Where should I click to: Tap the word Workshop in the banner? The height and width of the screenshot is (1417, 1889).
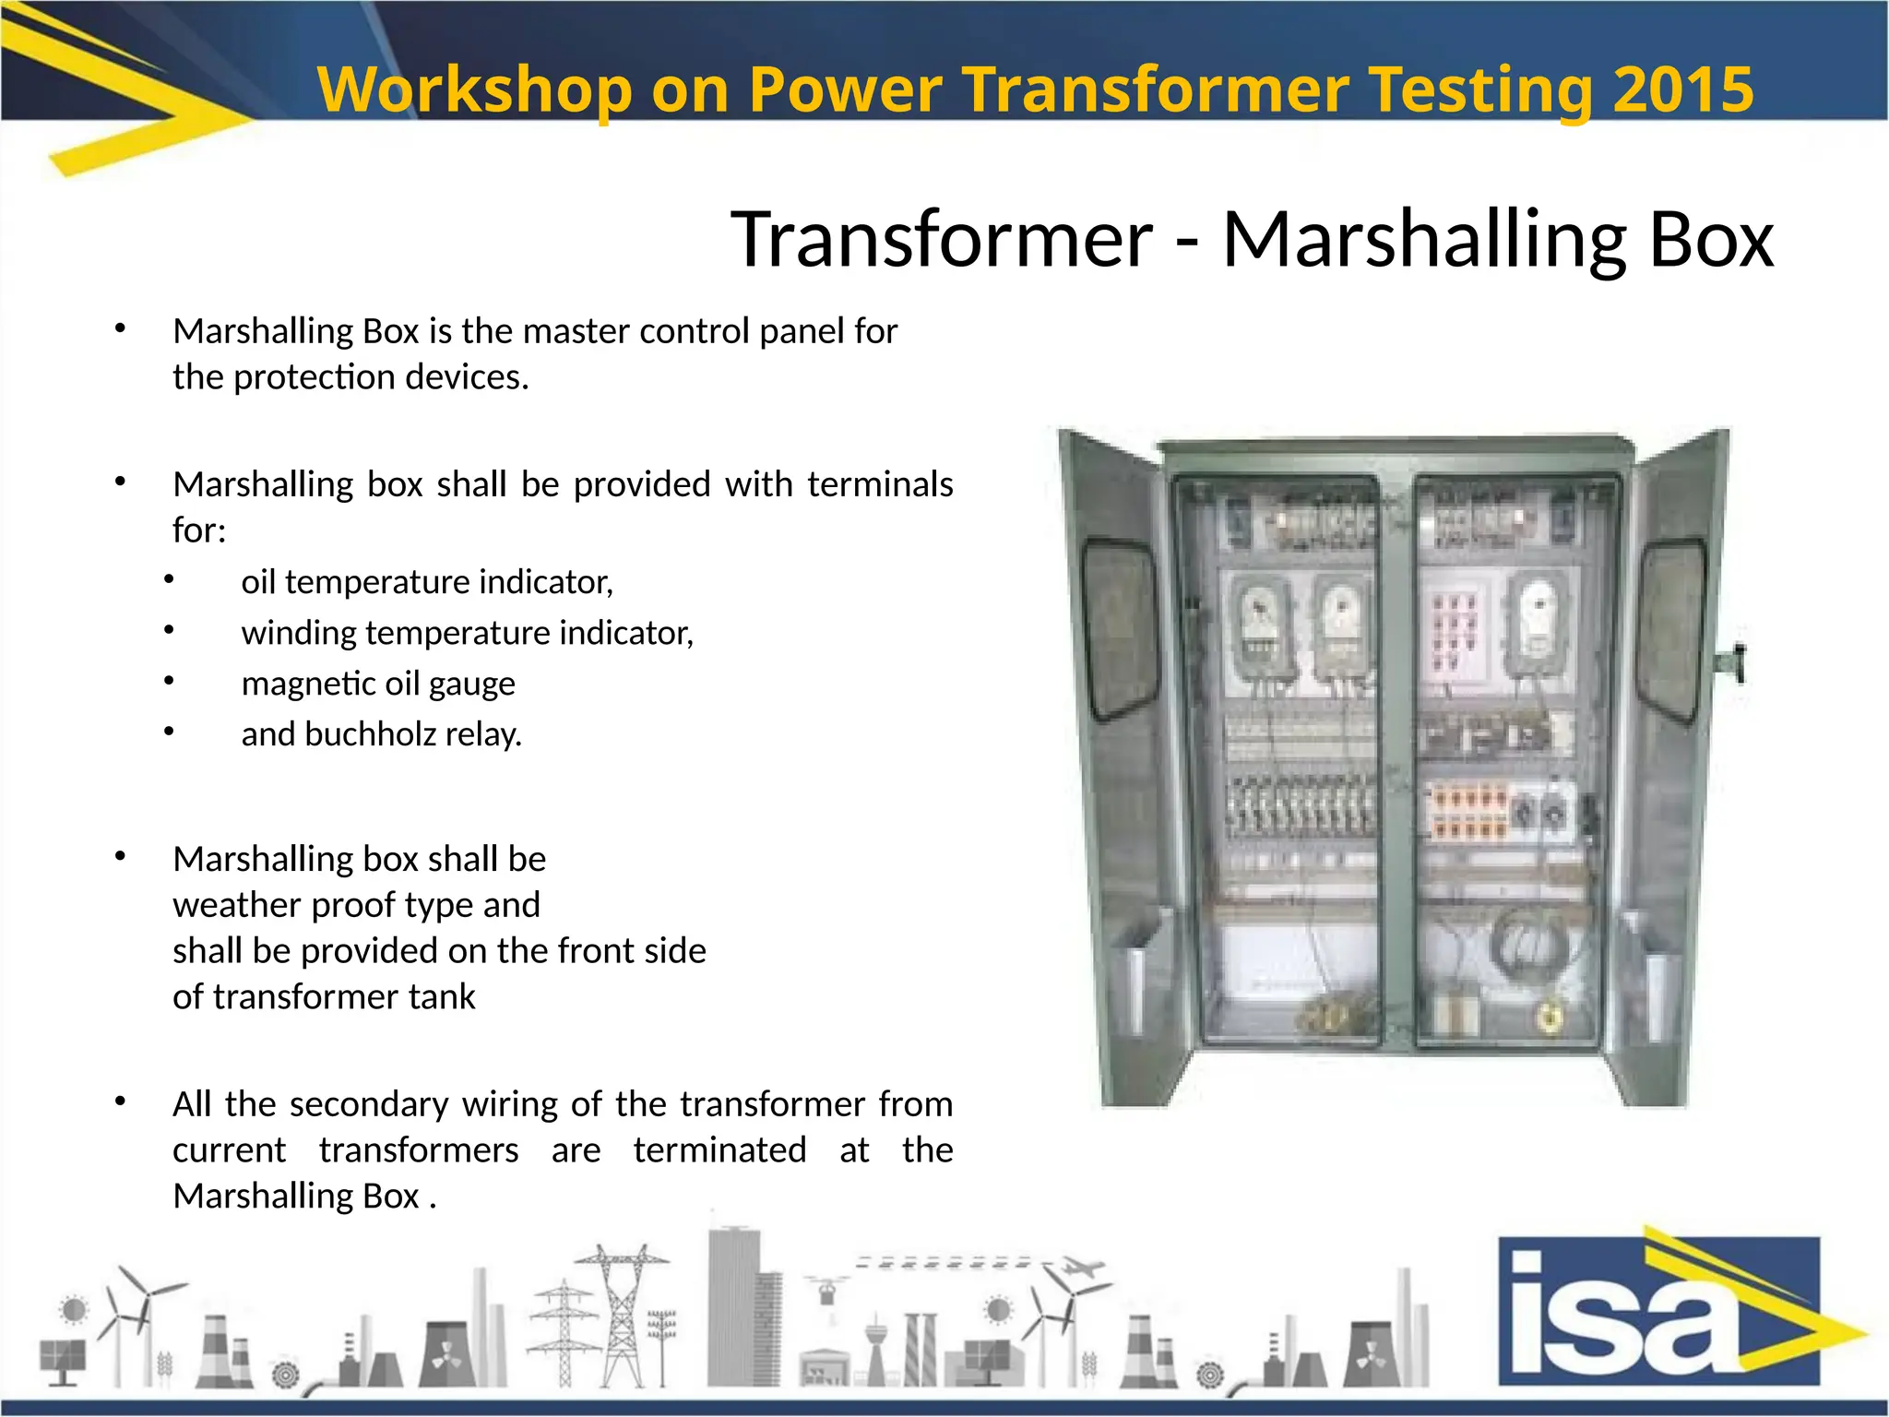[x=474, y=89]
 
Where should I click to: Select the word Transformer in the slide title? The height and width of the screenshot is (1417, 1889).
[x=942, y=239]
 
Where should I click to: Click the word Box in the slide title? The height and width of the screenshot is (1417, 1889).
[x=1711, y=239]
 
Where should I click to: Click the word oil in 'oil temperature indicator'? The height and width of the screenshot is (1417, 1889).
[x=258, y=582]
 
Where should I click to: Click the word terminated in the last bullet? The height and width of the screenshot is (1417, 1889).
[x=719, y=1150]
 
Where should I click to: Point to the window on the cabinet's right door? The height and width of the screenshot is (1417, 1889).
[x=1671, y=629]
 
